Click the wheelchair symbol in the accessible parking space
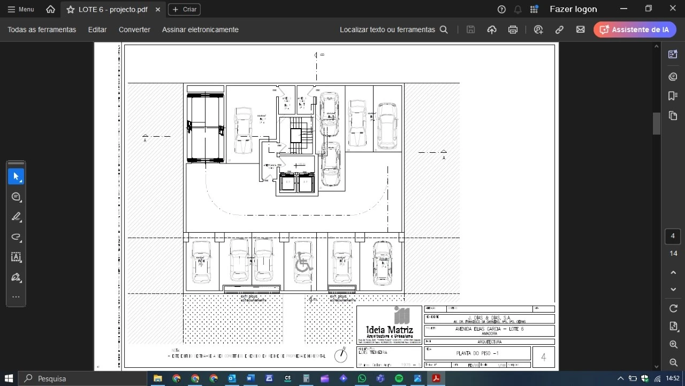[303, 263]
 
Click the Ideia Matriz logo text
[389, 330]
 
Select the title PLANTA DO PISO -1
[477, 353]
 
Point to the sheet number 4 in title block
[544, 357]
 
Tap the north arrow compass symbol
[341, 355]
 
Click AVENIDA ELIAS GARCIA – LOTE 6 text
[489, 329]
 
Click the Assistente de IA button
[635, 29]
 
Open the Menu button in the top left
[21, 9]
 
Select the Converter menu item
[134, 29]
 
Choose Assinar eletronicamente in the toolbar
[200, 29]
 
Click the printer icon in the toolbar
[513, 29]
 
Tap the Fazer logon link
[573, 9]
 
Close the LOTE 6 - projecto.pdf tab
[158, 9]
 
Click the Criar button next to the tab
[184, 9]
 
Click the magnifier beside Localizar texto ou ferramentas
[444, 29]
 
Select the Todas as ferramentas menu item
[42, 29]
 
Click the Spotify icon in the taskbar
[399, 378]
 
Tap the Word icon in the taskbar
[250, 378]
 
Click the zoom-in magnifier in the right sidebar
[673, 345]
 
